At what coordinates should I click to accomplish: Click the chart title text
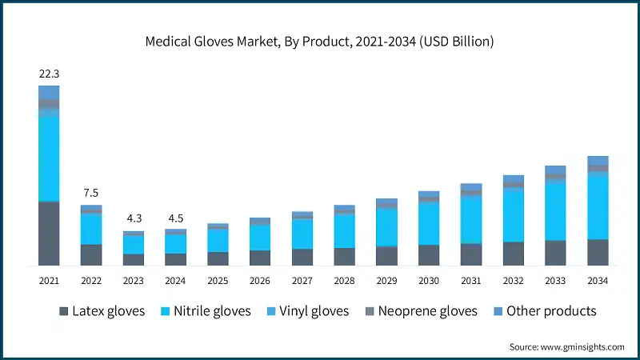tap(320, 41)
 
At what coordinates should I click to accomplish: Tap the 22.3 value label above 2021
tap(49, 74)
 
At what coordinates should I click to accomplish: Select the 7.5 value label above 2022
tap(91, 193)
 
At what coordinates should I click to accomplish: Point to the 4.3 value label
tap(133, 218)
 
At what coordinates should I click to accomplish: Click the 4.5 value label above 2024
tap(175, 218)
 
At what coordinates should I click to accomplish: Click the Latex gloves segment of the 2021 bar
tap(49, 233)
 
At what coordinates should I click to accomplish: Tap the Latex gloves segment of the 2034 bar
tap(598, 252)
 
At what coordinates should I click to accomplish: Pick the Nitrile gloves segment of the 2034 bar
tap(598, 206)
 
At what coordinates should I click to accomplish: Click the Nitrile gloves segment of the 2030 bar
tap(429, 224)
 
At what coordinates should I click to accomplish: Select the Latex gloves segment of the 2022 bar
tap(91, 254)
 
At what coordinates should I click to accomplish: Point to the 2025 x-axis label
tap(218, 281)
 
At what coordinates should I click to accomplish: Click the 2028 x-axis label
tap(344, 281)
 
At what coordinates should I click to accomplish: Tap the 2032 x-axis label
tap(513, 281)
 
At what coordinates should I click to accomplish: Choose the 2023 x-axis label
tap(133, 281)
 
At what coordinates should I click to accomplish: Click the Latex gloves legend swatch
tap(64, 311)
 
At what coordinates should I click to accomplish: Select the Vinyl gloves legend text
tap(316, 311)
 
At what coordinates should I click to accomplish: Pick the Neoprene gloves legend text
tap(427, 311)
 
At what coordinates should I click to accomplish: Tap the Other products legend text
tap(551, 311)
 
